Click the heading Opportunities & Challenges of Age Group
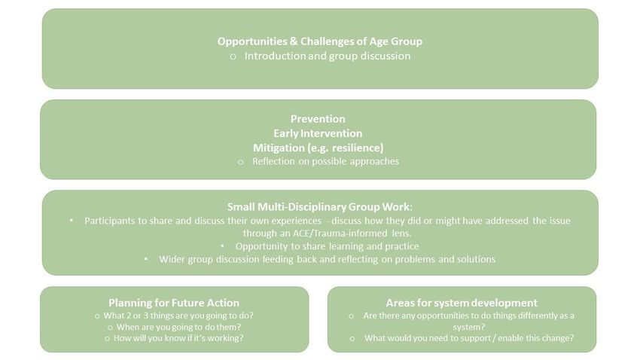pyautogui.click(x=319, y=41)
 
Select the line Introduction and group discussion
pyautogui.click(x=328, y=56)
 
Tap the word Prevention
pyautogui.click(x=318, y=119)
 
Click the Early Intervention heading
pyautogui.click(x=318, y=133)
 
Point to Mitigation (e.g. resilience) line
pyautogui.click(x=318, y=148)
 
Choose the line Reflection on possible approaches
pyautogui.click(x=325, y=161)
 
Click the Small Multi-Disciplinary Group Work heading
pyautogui.click(x=319, y=207)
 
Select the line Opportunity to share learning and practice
pyautogui.click(x=327, y=246)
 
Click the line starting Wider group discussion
pyautogui.click(x=327, y=259)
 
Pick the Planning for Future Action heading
pyautogui.click(x=174, y=303)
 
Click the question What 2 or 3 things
pyautogui.click(x=178, y=316)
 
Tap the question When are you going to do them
pyautogui.click(x=178, y=327)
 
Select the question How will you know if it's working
pyautogui.click(x=178, y=338)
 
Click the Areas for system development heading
pyautogui.click(x=462, y=303)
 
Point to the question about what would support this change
pyautogui.click(x=469, y=338)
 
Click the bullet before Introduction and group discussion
pyautogui.click(x=233, y=56)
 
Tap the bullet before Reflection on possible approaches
pyautogui.click(x=241, y=162)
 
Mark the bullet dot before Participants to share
pyautogui.click(x=72, y=221)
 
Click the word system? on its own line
pyautogui.click(x=468, y=327)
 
